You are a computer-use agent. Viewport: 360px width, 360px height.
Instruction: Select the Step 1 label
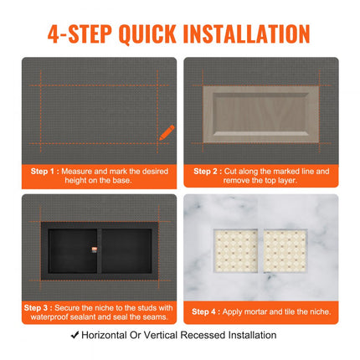pos(41,171)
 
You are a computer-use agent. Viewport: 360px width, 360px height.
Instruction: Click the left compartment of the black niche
pos(71,252)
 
